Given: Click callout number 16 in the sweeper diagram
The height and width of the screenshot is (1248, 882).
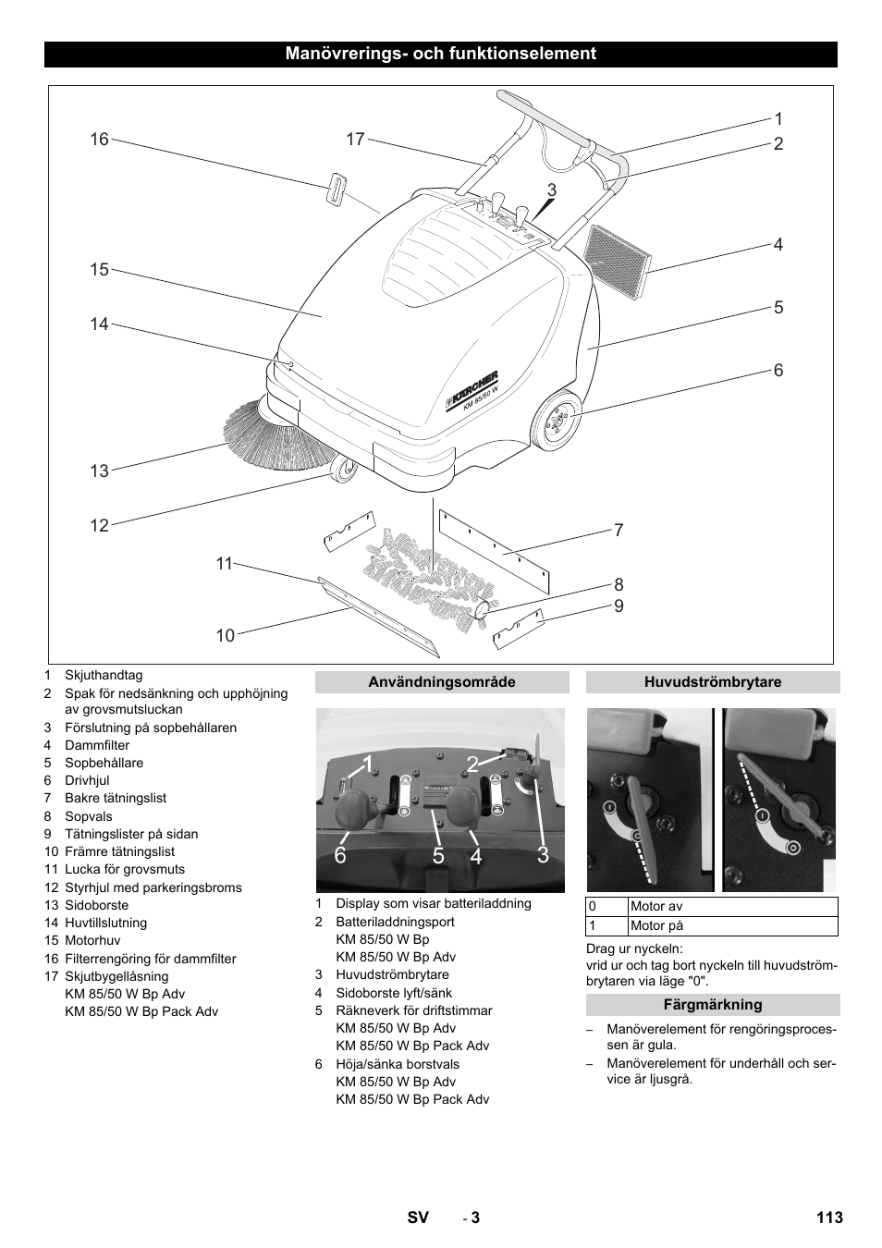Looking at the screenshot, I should click(99, 140).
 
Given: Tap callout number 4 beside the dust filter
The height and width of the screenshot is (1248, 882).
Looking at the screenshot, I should click(778, 245).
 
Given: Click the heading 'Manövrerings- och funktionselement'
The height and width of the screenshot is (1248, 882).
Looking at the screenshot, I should click(441, 54).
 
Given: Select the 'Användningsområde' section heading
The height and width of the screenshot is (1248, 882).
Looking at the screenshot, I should click(442, 682).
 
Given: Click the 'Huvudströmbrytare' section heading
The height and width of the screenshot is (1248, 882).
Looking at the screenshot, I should click(713, 682).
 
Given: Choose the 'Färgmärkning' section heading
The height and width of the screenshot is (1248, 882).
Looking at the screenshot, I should click(713, 1004).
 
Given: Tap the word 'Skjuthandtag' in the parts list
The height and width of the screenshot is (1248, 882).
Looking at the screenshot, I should click(104, 676).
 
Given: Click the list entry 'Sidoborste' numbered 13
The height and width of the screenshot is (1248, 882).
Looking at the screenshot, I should click(96, 905).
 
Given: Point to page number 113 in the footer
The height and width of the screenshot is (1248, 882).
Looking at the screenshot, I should click(829, 1217).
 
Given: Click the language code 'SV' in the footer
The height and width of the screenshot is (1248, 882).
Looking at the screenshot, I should click(418, 1217).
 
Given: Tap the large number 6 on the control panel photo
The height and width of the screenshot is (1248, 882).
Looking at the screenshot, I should click(340, 856).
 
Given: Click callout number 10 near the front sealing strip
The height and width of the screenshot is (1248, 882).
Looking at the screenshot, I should click(226, 635).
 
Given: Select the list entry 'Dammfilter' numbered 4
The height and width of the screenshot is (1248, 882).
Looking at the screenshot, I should click(97, 745).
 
